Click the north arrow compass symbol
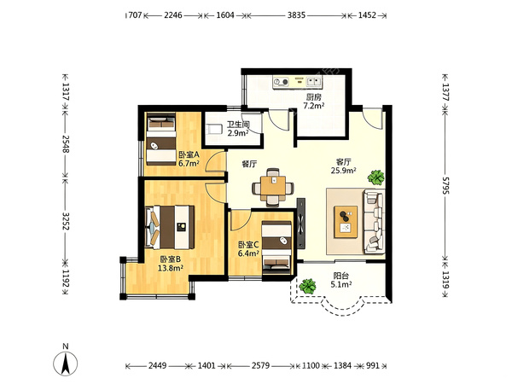pyautogui.click(x=66, y=364)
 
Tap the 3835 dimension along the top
pyautogui.click(x=296, y=15)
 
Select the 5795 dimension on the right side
pyautogui.click(x=445, y=185)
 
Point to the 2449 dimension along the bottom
pyautogui.click(x=157, y=365)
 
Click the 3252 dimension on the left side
pyautogui.click(x=66, y=221)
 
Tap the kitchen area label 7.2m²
pyautogui.click(x=313, y=106)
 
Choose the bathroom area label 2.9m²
pyautogui.click(x=238, y=133)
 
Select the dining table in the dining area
pyautogui.click(x=273, y=187)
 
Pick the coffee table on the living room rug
pyautogui.click(x=346, y=222)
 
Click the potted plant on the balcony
pyautogui.click(x=307, y=287)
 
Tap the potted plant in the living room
pyautogui.click(x=375, y=177)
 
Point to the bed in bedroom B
pyautogui.click(x=170, y=227)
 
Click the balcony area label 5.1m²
pyautogui.click(x=340, y=284)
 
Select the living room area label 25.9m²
pyautogui.click(x=343, y=170)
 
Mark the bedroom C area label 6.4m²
pyautogui.click(x=248, y=253)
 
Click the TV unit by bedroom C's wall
pyautogui.click(x=300, y=223)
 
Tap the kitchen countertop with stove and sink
pyautogui.click(x=298, y=82)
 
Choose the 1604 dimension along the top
pyautogui.click(x=225, y=15)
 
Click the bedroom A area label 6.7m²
pyautogui.click(x=189, y=163)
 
